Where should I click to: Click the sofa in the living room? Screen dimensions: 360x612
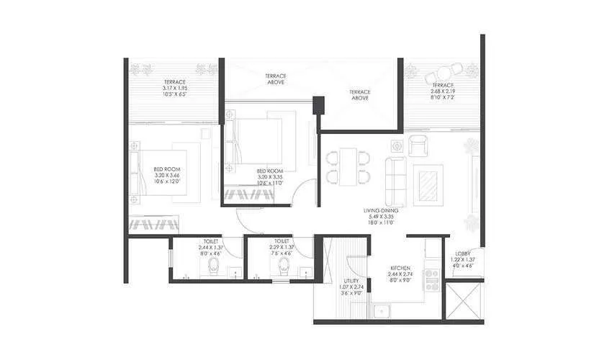click(395, 180)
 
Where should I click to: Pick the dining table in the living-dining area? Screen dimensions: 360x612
click(348, 166)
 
